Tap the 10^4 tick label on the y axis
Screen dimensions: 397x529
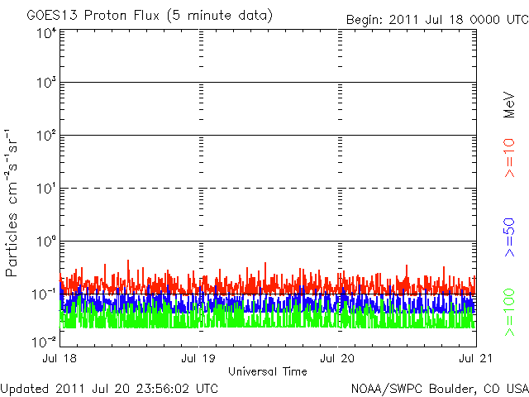45,32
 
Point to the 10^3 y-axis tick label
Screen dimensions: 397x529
45,84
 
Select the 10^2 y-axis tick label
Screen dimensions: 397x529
45,136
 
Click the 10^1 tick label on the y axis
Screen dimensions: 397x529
45,189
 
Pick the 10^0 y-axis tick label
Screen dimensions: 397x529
45,242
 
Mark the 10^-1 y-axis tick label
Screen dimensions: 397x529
45,294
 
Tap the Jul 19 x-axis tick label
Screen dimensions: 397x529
199,359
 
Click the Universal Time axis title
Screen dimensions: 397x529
268,371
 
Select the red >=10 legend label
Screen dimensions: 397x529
510,158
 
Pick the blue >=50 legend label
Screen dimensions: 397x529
510,236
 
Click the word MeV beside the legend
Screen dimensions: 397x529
510,103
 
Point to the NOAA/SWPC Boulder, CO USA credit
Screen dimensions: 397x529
439,388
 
